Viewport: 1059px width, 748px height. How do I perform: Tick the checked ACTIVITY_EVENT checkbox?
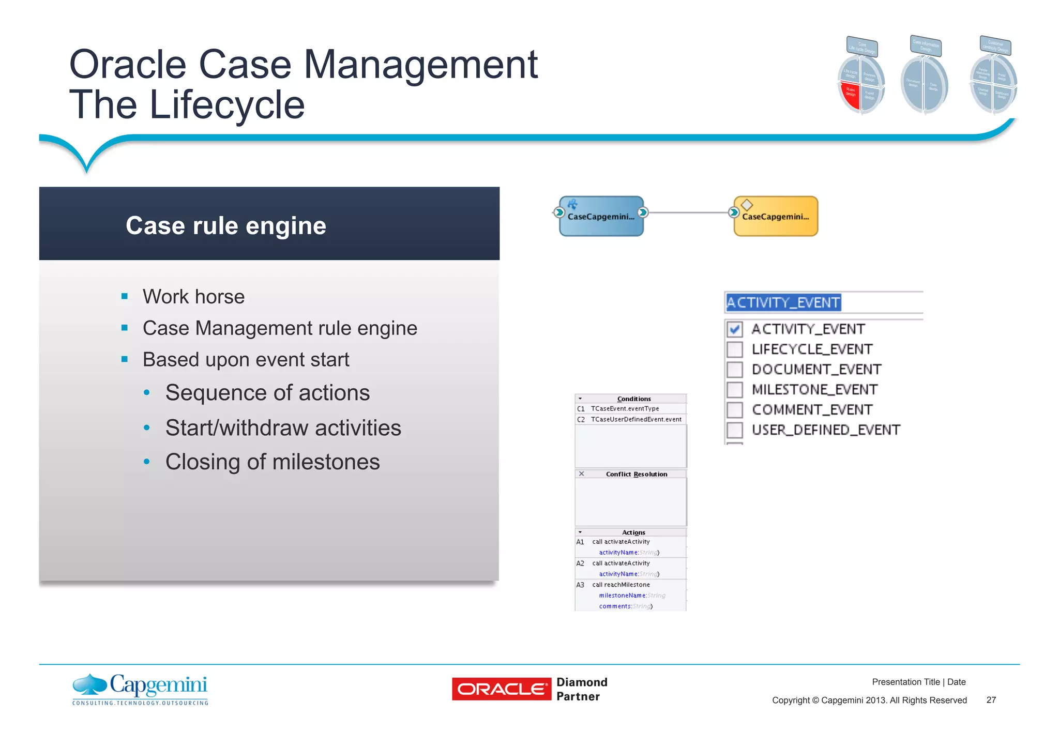pyautogui.click(x=734, y=329)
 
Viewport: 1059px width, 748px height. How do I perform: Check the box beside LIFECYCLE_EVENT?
pyautogui.click(x=734, y=349)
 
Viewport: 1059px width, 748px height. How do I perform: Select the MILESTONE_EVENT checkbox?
pyautogui.click(x=734, y=389)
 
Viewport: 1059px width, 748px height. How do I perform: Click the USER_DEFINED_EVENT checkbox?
pyautogui.click(x=734, y=430)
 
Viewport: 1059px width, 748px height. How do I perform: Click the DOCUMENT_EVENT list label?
pyautogui.click(x=816, y=370)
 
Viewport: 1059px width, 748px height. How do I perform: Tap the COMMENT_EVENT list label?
pyautogui.click(x=812, y=410)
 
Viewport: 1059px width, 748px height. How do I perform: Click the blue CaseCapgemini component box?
pyautogui.click(x=601, y=216)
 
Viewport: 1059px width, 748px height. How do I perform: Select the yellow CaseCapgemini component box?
pyautogui.click(x=776, y=216)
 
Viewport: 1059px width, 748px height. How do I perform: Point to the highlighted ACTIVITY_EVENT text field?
pyautogui.click(x=783, y=302)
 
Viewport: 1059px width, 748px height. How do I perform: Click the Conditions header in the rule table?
pyautogui.click(x=633, y=399)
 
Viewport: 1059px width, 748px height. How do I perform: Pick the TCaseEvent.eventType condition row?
pyautogui.click(x=625, y=408)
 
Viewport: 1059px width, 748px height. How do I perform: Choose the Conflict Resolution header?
pyautogui.click(x=636, y=474)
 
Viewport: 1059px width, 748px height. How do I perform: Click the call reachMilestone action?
pyautogui.click(x=621, y=585)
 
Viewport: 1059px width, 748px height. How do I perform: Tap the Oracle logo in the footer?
pyautogui.click(x=501, y=689)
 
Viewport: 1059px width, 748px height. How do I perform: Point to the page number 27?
pyautogui.click(x=991, y=700)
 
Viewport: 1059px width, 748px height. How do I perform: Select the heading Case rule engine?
pyautogui.click(x=226, y=226)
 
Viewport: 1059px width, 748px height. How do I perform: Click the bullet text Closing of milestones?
pyautogui.click(x=273, y=462)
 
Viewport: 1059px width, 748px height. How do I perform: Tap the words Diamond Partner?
pyautogui.click(x=581, y=689)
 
